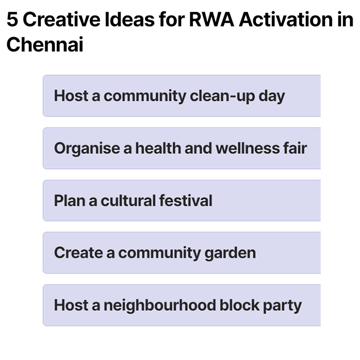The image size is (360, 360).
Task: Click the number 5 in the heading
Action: (x=12, y=21)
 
